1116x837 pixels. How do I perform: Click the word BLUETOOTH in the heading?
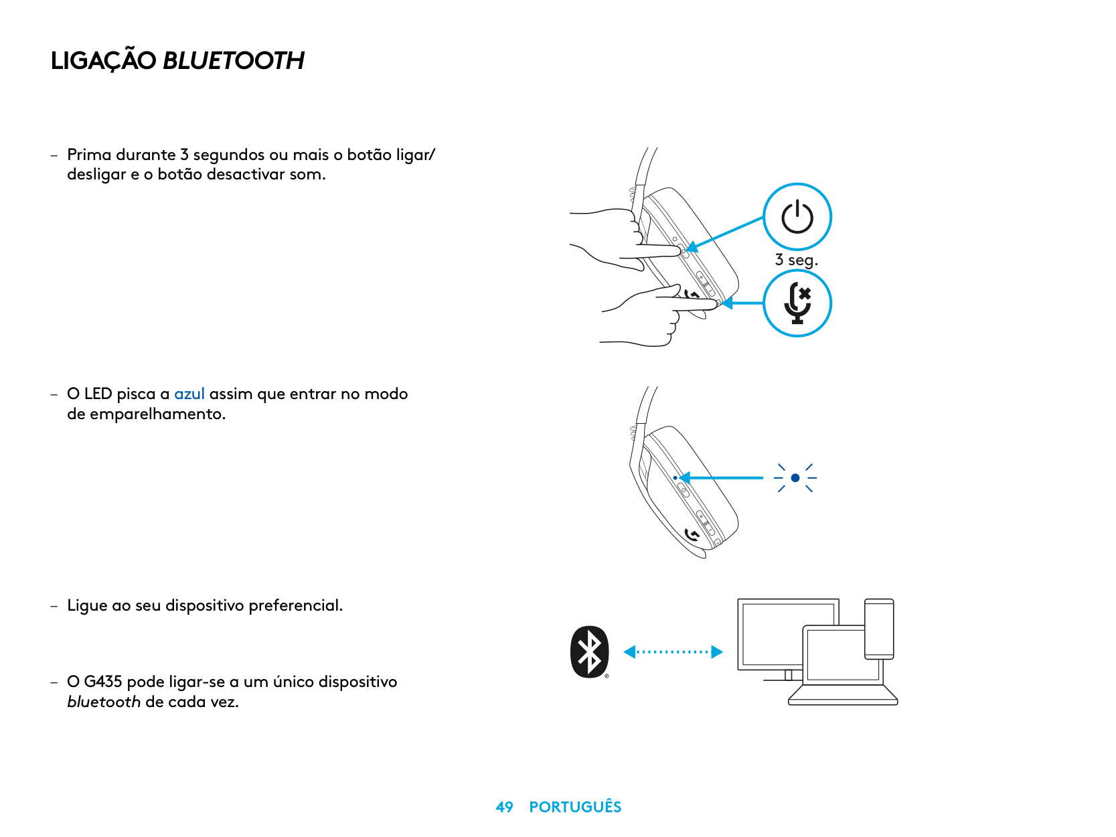pyautogui.click(x=234, y=61)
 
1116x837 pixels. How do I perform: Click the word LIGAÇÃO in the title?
pyautogui.click(x=104, y=61)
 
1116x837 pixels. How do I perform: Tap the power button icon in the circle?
pyautogui.click(x=797, y=217)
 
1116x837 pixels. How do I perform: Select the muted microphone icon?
pyautogui.click(x=797, y=303)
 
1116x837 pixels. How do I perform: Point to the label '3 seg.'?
pyautogui.click(x=796, y=260)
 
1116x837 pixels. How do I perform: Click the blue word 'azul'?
pyautogui.click(x=189, y=394)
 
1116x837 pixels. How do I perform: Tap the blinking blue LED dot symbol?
pyautogui.click(x=795, y=478)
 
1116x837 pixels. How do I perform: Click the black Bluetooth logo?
pyautogui.click(x=589, y=652)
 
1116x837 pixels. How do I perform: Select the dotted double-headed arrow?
pyautogui.click(x=673, y=652)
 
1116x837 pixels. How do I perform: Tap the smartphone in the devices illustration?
pyautogui.click(x=879, y=628)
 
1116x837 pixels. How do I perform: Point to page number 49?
pyautogui.click(x=504, y=807)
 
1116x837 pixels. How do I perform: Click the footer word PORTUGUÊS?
pyautogui.click(x=575, y=807)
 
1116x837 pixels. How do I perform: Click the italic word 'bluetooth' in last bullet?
pyautogui.click(x=104, y=702)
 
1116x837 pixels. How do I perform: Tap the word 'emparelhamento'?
pyautogui.click(x=157, y=414)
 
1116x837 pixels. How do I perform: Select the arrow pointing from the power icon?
pyautogui.click(x=726, y=234)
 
